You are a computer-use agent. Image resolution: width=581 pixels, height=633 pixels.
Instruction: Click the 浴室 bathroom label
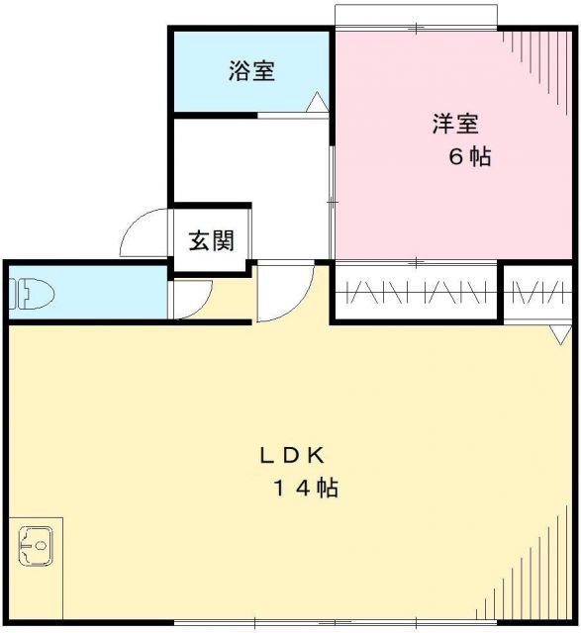pos(250,71)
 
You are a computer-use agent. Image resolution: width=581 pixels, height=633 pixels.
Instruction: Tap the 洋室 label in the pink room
pos(455,125)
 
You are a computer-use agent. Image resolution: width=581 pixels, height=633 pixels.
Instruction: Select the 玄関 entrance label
pos(211,240)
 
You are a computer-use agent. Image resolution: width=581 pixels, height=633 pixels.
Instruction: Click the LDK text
pos(293,455)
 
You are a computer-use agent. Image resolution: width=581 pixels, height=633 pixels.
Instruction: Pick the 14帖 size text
pos(307,488)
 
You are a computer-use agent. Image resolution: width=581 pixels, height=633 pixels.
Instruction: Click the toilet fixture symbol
pos(29,294)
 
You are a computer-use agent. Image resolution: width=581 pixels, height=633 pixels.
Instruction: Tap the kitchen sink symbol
pos(38,545)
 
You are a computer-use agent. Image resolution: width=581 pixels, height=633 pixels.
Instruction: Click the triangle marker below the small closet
pos(560,334)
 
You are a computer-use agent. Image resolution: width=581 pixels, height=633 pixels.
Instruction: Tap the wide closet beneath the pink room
pos(415,293)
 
